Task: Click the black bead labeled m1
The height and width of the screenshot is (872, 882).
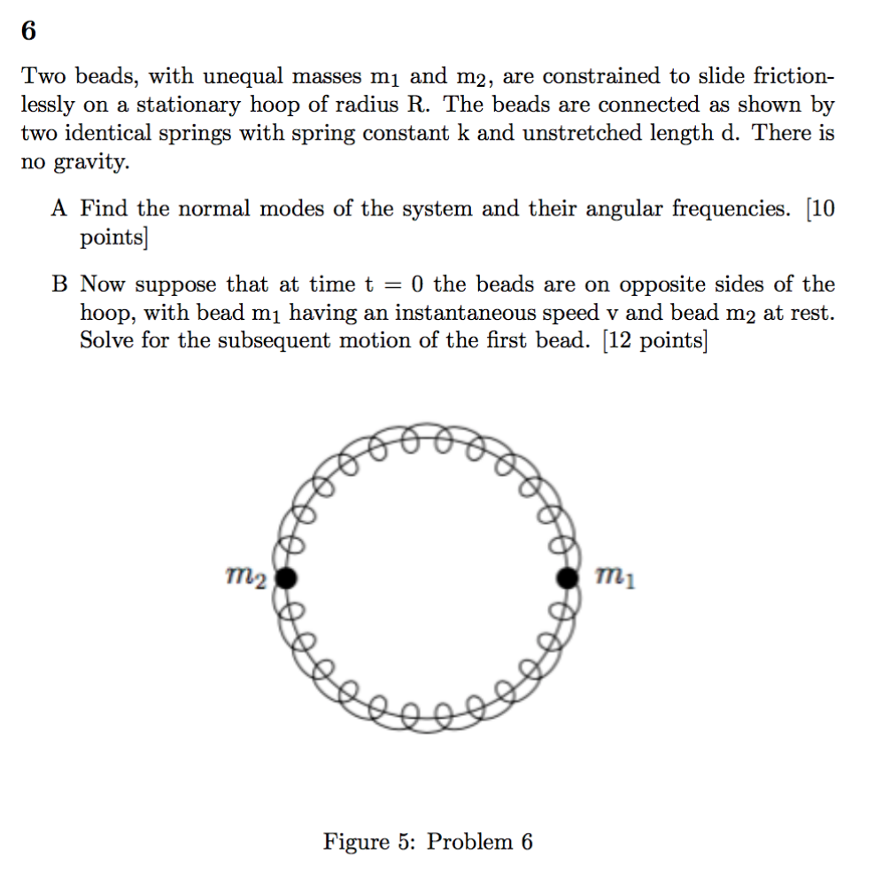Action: (x=567, y=579)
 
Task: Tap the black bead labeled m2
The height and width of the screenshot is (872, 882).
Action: (x=285, y=579)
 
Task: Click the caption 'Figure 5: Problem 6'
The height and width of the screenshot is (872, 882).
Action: (x=428, y=841)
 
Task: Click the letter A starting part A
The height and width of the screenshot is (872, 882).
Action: (x=59, y=209)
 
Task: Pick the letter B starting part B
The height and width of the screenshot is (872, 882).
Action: (x=59, y=284)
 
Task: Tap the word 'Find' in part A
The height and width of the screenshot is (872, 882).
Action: (x=104, y=209)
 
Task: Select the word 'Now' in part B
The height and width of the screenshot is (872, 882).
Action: (x=105, y=284)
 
